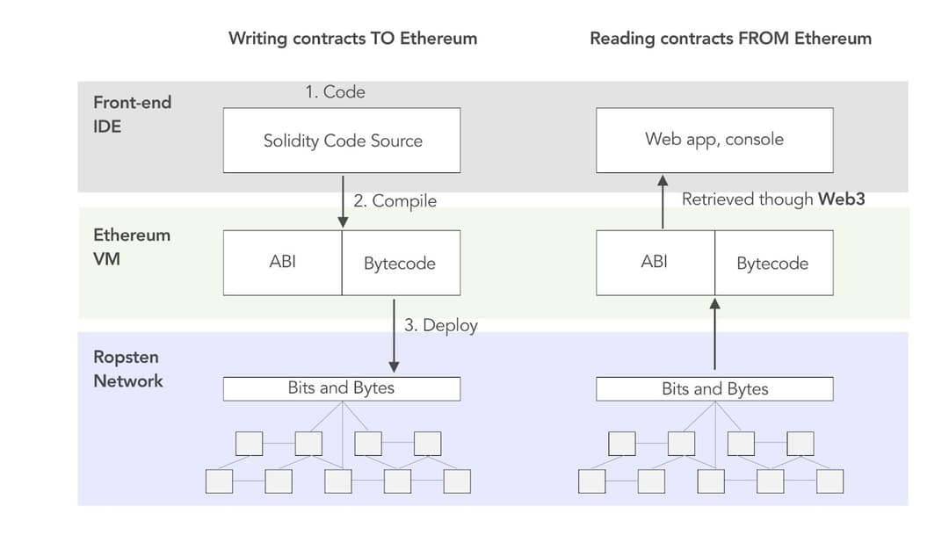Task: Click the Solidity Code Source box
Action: [x=342, y=141]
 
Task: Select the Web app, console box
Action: [x=714, y=140]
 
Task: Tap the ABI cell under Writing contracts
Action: [x=282, y=262]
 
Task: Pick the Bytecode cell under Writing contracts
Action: [x=400, y=263]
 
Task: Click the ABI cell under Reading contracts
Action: [x=655, y=262]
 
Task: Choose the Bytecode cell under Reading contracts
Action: [x=772, y=263]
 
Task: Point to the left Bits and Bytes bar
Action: [x=342, y=388]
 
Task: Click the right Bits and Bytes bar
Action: [x=714, y=388]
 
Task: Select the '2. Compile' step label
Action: [x=395, y=200]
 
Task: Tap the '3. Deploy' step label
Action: [x=441, y=325]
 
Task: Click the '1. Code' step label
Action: [x=335, y=91]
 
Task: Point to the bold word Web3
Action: [x=841, y=199]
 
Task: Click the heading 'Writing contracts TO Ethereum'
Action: [x=352, y=38]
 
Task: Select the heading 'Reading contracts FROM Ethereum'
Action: [x=730, y=38]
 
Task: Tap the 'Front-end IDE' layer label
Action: [x=132, y=114]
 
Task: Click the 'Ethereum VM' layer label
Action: [x=132, y=247]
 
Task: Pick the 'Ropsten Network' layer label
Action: [x=128, y=369]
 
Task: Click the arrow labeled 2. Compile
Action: [x=342, y=201]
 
